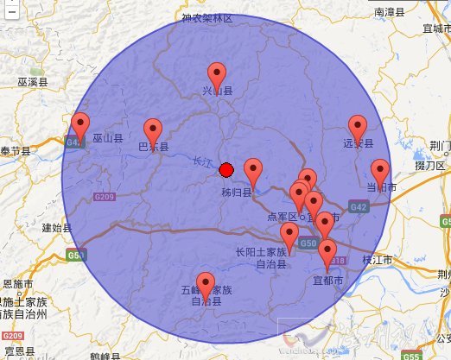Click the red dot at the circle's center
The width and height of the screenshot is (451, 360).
(x=226, y=170)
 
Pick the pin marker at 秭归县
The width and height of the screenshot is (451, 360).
(x=253, y=170)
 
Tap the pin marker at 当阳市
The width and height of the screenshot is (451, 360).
(x=379, y=171)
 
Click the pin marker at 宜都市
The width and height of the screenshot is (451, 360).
(x=327, y=251)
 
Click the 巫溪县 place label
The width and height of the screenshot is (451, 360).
(x=32, y=82)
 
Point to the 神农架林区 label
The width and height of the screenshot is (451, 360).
(x=207, y=17)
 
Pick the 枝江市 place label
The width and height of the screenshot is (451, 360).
(x=377, y=260)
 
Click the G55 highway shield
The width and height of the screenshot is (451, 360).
(x=411, y=355)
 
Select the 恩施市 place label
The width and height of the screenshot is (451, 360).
(x=17, y=283)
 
